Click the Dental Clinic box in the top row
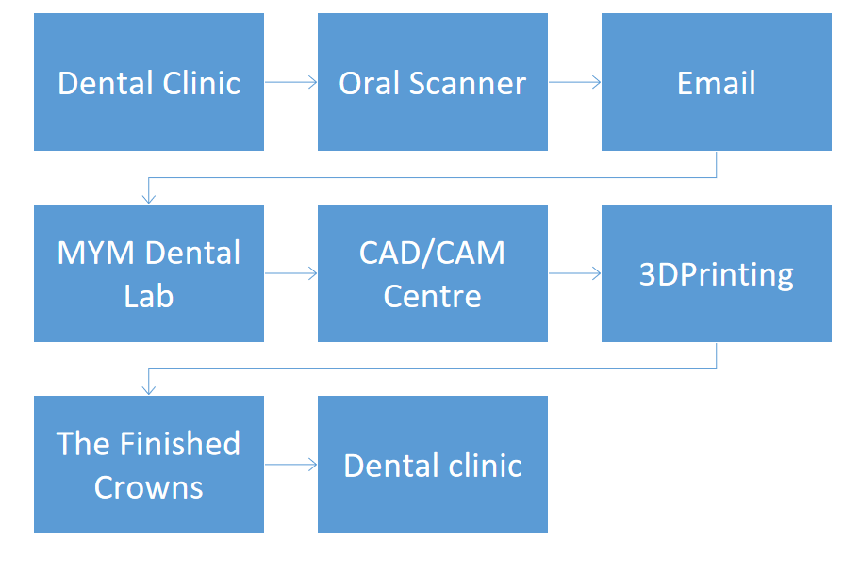point(149,82)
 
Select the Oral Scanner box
point(433,82)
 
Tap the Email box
point(717,82)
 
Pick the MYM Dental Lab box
point(149,273)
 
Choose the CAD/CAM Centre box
point(433,273)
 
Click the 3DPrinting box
point(717,273)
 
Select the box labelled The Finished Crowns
point(149,465)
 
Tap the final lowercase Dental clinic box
point(433,465)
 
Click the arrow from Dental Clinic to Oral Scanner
point(290,82)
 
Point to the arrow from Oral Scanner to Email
point(575,82)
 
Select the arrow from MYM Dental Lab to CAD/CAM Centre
point(290,273)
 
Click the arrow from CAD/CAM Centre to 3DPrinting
point(575,273)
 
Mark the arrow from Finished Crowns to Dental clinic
point(290,465)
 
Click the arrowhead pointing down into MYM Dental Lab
point(149,199)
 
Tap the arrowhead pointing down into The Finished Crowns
point(149,389)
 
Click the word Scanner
point(468,83)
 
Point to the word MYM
point(95,253)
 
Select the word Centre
point(432,297)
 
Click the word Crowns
point(149,487)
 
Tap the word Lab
point(149,296)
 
